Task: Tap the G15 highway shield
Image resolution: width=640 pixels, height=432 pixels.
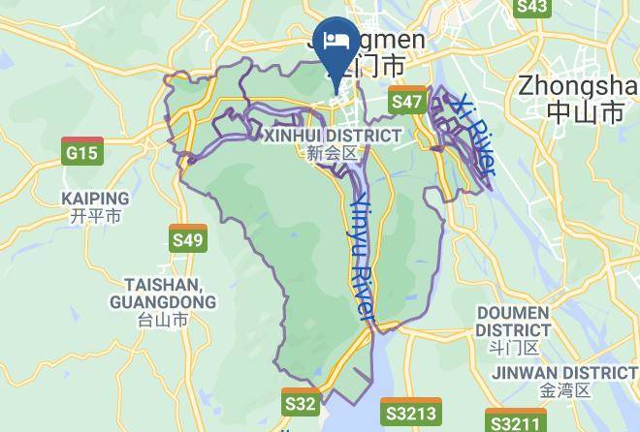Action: (x=81, y=152)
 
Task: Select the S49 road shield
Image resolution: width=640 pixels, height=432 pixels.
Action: (x=187, y=239)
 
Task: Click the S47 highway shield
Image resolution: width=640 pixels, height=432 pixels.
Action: (x=407, y=101)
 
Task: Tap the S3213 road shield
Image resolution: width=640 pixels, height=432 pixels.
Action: (x=410, y=414)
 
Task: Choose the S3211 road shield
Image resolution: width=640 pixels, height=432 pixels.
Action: (x=514, y=422)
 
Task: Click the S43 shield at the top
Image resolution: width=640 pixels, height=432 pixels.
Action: (x=532, y=8)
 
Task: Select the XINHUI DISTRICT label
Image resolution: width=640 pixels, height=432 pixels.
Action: (x=332, y=136)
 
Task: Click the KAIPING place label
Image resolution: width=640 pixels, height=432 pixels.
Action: (x=95, y=199)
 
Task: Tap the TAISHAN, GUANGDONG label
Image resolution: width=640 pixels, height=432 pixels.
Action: (x=162, y=293)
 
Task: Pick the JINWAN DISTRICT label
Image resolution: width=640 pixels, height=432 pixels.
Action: (x=564, y=373)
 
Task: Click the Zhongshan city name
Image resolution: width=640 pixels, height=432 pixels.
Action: (x=578, y=85)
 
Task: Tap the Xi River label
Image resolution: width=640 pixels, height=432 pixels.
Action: (x=476, y=136)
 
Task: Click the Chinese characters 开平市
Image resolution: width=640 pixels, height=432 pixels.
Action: (x=95, y=217)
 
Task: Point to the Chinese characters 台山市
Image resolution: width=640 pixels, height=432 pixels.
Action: (x=162, y=320)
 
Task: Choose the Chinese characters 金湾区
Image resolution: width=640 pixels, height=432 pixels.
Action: (x=564, y=391)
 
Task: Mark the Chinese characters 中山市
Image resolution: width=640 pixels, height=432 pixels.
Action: (x=585, y=112)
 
